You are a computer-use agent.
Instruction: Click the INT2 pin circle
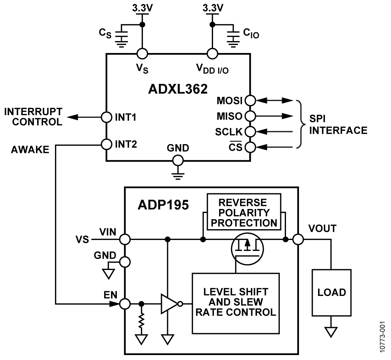point(106,144)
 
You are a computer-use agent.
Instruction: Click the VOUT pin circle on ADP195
point(298,239)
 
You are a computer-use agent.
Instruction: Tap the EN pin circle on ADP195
point(125,304)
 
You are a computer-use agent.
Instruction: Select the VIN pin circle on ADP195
point(125,239)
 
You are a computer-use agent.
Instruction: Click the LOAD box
point(331,292)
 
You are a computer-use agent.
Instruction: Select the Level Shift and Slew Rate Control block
point(236,302)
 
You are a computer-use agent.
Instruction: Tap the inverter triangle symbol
point(169,304)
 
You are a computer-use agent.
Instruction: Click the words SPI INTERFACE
point(338,125)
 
